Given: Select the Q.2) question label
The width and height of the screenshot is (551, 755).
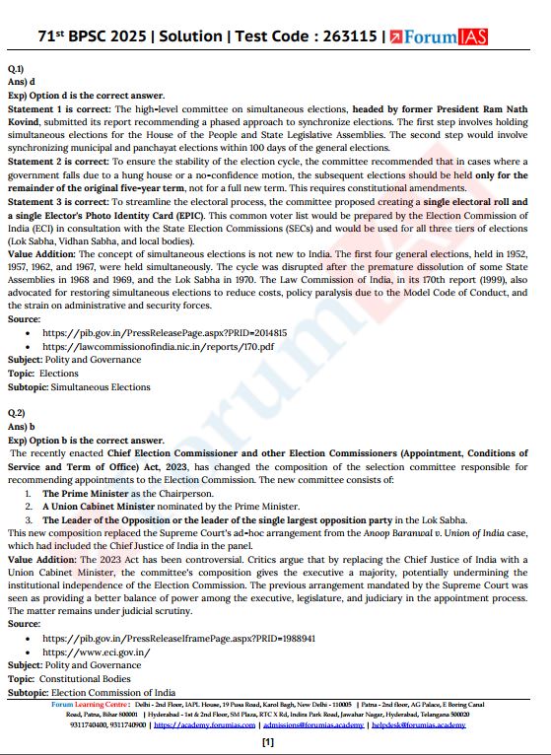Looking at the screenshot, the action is [16, 415].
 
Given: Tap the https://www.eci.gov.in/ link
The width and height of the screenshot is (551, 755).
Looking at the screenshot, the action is [96, 652].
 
